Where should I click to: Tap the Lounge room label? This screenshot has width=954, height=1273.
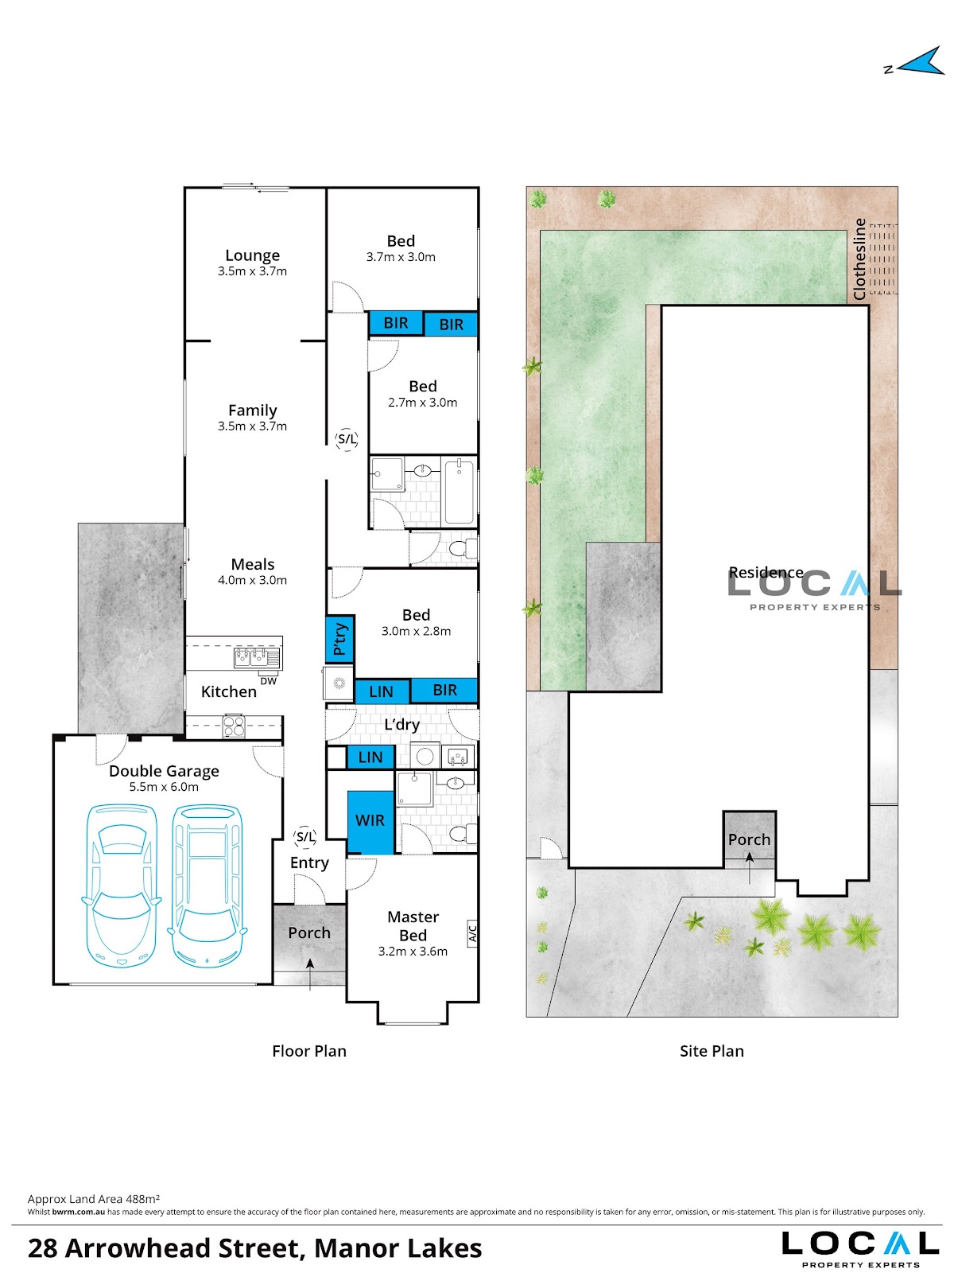pos(252,255)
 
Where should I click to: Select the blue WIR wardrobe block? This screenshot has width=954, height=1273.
pos(370,822)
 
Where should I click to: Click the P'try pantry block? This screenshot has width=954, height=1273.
pos(340,639)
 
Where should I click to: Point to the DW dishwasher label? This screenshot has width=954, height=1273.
pos(268,681)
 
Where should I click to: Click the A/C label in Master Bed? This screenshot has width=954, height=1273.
pos(471,932)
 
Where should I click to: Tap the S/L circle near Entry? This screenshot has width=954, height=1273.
pos(304,837)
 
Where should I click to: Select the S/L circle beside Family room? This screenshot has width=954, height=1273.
pos(347,439)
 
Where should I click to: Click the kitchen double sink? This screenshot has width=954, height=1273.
pos(257,657)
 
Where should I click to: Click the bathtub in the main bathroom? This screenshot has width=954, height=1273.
pos(459,491)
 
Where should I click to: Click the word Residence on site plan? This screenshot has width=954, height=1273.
pos(766,572)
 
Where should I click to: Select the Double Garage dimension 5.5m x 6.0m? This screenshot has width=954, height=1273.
pos(164,787)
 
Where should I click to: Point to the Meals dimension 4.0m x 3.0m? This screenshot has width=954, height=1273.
pos(252,580)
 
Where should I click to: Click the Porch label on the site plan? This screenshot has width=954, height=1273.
pos(749,839)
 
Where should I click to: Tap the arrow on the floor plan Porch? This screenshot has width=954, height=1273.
pos(310,974)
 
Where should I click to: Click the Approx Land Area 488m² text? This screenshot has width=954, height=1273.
pos(94,1199)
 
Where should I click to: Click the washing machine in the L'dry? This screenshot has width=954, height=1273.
pos(425,757)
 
